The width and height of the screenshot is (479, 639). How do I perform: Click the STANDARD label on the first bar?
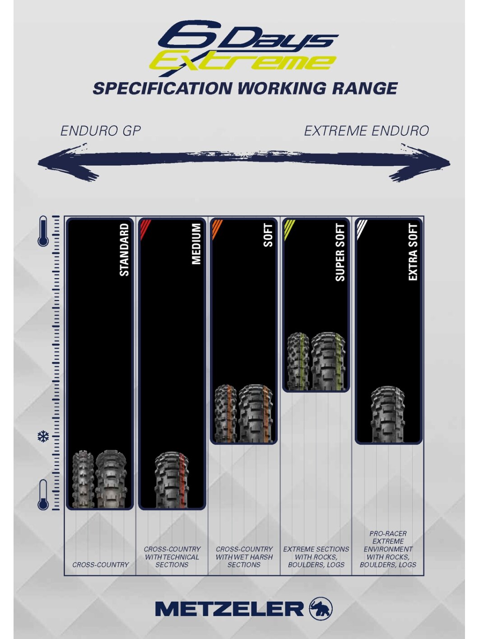[x=124, y=249]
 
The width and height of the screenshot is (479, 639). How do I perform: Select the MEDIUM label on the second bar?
[x=196, y=244]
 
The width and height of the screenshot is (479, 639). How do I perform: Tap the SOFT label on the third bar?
[x=268, y=235]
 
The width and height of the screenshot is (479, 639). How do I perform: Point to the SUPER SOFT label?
[x=340, y=252]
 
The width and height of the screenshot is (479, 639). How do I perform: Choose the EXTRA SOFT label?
[x=413, y=252]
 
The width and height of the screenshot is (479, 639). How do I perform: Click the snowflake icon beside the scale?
[x=43, y=436]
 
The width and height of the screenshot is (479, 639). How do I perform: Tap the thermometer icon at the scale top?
[x=43, y=231]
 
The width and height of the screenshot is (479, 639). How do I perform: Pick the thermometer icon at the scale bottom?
[x=43, y=495]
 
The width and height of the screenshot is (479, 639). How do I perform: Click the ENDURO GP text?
[x=101, y=131]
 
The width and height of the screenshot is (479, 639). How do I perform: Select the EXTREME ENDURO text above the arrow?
[x=367, y=131]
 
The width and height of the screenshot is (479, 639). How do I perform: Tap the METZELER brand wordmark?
[x=229, y=609]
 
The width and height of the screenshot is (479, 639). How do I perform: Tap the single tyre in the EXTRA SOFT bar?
[x=388, y=414]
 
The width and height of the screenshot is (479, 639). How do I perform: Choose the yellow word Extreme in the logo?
[x=243, y=62]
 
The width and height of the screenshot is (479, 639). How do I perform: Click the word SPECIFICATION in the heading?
[x=163, y=88]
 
